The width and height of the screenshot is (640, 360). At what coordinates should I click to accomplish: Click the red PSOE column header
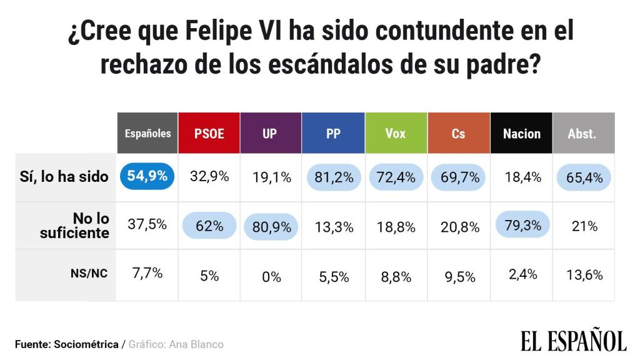(x=209, y=133)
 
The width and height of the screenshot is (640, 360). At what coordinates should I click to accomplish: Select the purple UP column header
(x=270, y=133)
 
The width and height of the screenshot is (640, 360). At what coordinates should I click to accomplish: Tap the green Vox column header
(x=396, y=133)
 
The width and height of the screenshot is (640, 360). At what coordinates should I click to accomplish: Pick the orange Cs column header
(x=458, y=133)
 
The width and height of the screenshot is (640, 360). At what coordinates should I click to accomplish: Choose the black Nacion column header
(x=521, y=133)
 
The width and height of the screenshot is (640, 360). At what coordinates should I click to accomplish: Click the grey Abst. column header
(x=582, y=133)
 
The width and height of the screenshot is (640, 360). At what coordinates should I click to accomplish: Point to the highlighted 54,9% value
(x=147, y=177)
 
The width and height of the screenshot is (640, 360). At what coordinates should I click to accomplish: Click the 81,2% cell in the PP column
(x=334, y=178)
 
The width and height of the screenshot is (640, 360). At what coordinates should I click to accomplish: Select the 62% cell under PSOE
(x=209, y=226)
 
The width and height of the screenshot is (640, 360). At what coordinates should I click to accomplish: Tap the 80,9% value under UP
(x=272, y=227)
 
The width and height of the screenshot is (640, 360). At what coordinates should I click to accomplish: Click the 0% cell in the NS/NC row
(x=272, y=276)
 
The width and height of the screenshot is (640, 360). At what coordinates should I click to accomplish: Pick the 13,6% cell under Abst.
(x=585, y=275)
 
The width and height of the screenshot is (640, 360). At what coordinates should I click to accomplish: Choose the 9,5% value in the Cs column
(x=459, y=276)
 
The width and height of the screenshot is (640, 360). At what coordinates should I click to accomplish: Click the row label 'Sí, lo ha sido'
(x=64, y=177)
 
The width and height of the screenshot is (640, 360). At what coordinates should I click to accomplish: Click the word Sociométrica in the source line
(x=86, y=344)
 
